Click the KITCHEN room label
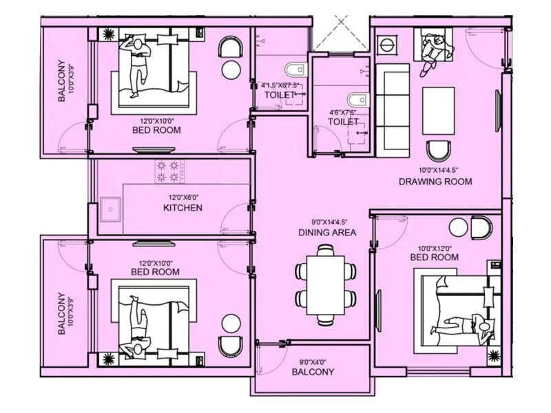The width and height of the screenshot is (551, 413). (x=183, y=207)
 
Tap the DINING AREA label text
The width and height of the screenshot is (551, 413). (x=327, y=233)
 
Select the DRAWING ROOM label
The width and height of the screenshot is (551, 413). (x=435, y=182)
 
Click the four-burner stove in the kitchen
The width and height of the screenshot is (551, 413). (x=169, y=172)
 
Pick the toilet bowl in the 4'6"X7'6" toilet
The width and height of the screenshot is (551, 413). (x=357, y=100)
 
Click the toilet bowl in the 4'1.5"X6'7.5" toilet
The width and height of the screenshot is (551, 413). (x=292, y=70)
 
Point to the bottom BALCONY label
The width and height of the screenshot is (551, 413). (x=313, y=372)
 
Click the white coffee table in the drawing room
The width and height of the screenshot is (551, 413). (x=439, y=110)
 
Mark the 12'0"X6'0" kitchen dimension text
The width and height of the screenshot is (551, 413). (x=183, y=195)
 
